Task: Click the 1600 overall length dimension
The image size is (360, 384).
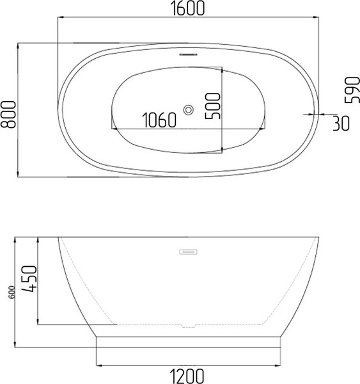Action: tap(187, 8)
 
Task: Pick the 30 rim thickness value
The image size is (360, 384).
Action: tap(341, 123)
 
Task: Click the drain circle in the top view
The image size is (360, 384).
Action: tap(188, 110)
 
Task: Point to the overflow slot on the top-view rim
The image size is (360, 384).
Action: tap(188, 54)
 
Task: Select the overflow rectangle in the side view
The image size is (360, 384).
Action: tap(188, 252)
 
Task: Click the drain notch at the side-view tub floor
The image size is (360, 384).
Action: tap(188, 326)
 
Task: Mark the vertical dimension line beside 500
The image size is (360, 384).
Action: tap(222, 109)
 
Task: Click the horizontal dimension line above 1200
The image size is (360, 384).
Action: tap(187, 365)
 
